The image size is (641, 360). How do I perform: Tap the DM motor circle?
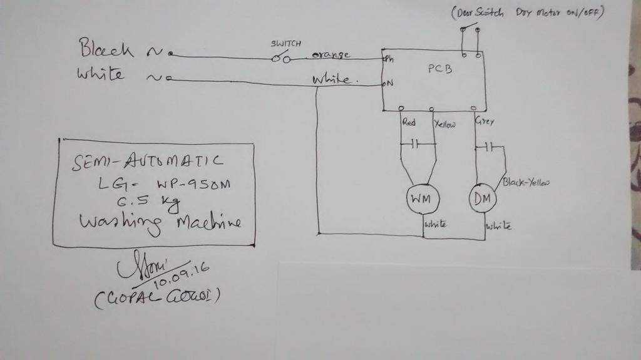[x=482, y=200]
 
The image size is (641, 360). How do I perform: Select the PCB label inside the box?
[x=439, y=69]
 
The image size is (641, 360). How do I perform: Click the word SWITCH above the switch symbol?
[x=285, y=44]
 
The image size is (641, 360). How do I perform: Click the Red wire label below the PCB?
[x=409, y=123]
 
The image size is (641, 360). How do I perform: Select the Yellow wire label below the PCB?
[x=444, y=124]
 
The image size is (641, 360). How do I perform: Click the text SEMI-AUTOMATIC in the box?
[x=148, y=162]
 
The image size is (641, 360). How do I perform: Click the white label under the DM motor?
[x=499, y=225]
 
